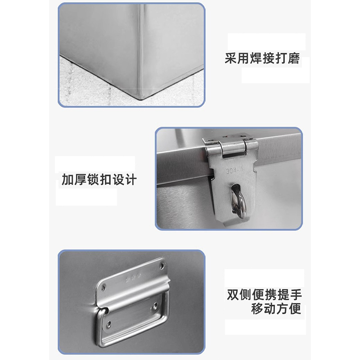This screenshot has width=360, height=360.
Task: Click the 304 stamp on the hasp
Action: pos(233,171)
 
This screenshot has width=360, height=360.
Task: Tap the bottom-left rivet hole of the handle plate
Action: pos(108,323)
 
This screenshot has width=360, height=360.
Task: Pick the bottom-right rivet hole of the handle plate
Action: pos(155,305)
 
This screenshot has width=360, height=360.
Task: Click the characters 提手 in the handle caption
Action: pos(290,295)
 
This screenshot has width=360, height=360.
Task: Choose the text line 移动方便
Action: pos(276,309)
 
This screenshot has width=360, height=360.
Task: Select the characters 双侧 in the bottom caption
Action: pos(239,295)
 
